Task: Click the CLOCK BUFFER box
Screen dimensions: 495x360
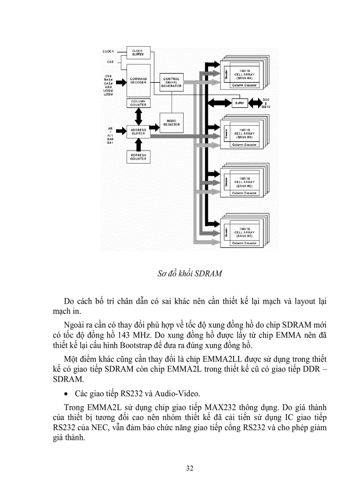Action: tap(138, 52)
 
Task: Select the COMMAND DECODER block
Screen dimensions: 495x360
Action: tap(138, 81)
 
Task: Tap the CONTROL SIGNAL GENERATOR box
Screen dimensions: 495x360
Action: tap(171, 82)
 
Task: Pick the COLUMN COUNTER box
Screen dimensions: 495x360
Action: tap(138, 103)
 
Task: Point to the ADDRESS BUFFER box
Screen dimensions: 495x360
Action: tap(138, 131)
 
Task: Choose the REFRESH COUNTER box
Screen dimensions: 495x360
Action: tap(138, 157)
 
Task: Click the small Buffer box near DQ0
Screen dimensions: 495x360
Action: tap(240, 103)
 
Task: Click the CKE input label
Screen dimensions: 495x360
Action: tap(110, 62)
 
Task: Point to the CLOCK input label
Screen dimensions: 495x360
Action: tap(108, 52)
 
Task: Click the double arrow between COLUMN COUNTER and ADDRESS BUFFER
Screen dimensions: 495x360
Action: tap(139, 116)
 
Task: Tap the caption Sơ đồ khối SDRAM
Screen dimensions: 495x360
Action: tap(189, 273)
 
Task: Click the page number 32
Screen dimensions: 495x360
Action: tap(189, 468)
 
